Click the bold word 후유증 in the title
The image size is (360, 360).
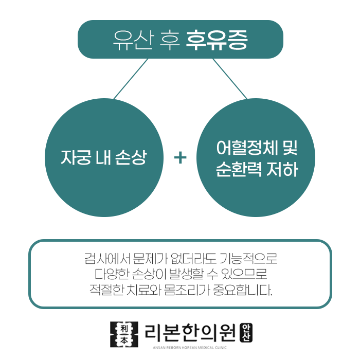tap(217, 40)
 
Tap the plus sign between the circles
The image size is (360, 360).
tap(180, 157)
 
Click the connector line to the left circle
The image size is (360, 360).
tap(131, 78)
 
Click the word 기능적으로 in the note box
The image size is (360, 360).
tap(248, 257)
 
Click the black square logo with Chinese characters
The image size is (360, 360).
tap(124, 333)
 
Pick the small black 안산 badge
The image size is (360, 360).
tap(247, 332)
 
